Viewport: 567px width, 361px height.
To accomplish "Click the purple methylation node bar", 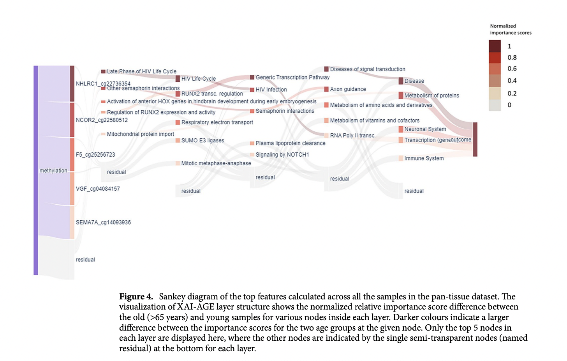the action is pyautogui.click(x=36, y=170).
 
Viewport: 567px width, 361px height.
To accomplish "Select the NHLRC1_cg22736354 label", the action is pyautogui.click(x=103, y=83).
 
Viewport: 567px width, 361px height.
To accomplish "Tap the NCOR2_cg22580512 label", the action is pyautogui.click(x=102, y=120).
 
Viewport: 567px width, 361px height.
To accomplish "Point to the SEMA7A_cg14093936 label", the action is pyautogui.click(x=103, y=223).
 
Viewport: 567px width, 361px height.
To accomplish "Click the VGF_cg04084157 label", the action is pyautogui.click(x=98, y=189).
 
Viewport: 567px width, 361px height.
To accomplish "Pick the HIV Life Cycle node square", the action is pyautogui.click(x=178, y=78).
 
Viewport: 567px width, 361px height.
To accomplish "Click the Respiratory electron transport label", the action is pyautogui.click(x=217, y=122).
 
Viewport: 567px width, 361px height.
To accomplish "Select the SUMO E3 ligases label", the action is pyautogui.click(x=202, y=141).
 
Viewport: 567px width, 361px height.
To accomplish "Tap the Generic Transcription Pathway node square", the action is pyautogui.click(x=252, y=77).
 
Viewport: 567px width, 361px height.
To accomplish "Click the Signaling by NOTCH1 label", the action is pyautogui.click(x=282, y=154).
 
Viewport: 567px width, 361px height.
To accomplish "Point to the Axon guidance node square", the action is pyautogui.click(x=326, y=89).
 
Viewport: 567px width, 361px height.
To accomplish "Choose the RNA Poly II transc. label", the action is pyautogui.click(x=352, y=136).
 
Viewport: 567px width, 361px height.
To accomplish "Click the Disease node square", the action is pyautogui.click(x=401, y=81).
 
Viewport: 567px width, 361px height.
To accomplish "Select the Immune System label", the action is pyautogui.click(x=424, y=158).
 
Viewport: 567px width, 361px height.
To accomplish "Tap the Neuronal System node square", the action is pyautogui.click(x=401, y=129).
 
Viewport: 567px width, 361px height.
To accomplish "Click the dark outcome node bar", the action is pyautogui.click(x=475, y=139).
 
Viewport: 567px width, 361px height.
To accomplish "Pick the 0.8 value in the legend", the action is pyautogui.click(x=512, y=58).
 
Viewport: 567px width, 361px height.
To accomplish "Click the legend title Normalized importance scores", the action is pyautogui.click(x=511, y=29).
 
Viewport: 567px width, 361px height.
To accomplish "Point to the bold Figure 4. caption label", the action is pyautogui.click(x=136, y=296).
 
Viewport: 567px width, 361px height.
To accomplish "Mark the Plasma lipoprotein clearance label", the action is pyautogui.click(x=291, y=143).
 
